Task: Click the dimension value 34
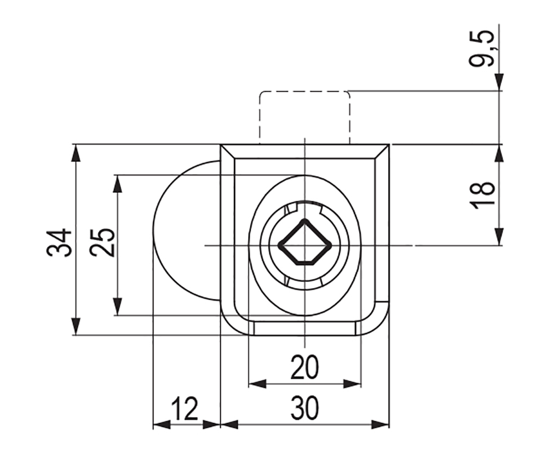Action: tap(59, 242)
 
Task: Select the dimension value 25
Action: tap(102, 242)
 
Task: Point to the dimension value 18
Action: tap(482, 194)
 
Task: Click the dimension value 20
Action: tap(305, 367)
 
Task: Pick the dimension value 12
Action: tap(185, 409)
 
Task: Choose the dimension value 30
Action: tap(305, 409)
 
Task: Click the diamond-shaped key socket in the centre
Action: tap(305, 243)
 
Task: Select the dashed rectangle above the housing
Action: tap(305, 117)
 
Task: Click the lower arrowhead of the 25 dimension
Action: tap(118, 306)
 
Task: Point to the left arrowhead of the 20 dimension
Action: tap(258, 383)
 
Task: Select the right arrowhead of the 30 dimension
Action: tap(380, 424)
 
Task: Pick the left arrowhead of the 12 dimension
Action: tap(162, 424)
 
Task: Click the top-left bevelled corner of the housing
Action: tap(228, 152)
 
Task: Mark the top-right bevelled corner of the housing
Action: tap(382, 152)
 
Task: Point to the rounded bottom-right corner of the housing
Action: tap(380, 326)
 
